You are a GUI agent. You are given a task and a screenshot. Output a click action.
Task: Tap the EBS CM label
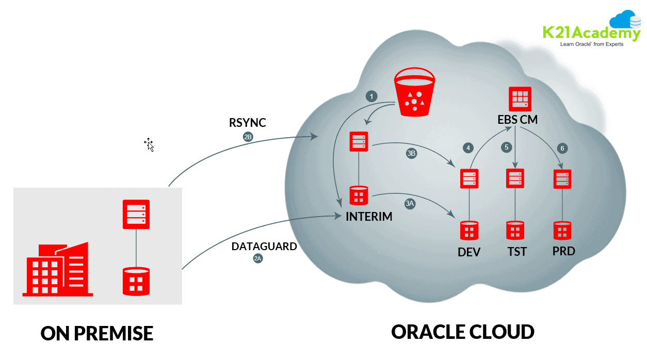click(x=517, y=120)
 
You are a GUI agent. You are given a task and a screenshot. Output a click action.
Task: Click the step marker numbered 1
click(x=370, y=96)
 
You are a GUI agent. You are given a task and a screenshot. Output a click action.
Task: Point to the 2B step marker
click(x=248, y=137)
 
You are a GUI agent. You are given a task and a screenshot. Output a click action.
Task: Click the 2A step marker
click(x=258, y=259)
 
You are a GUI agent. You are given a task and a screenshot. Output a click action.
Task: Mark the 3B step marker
click(x=411, y=153)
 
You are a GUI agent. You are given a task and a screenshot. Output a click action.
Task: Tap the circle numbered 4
click(x=468, y=148)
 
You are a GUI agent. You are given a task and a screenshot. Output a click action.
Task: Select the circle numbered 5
click(x=507, y=147)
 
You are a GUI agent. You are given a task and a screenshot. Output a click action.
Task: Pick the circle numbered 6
click(x=562, y=149)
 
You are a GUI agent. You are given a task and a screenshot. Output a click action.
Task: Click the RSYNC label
click(x=248, y=123)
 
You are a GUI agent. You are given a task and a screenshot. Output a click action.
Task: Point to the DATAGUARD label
click(x=264, y=247)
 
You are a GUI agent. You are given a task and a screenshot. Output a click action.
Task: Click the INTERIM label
click(x=369, y=217)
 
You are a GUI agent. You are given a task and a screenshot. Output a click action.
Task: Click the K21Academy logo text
click(x=591, y=33)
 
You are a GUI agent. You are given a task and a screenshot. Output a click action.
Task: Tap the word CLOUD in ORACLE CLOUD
click(x=497, y=332)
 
